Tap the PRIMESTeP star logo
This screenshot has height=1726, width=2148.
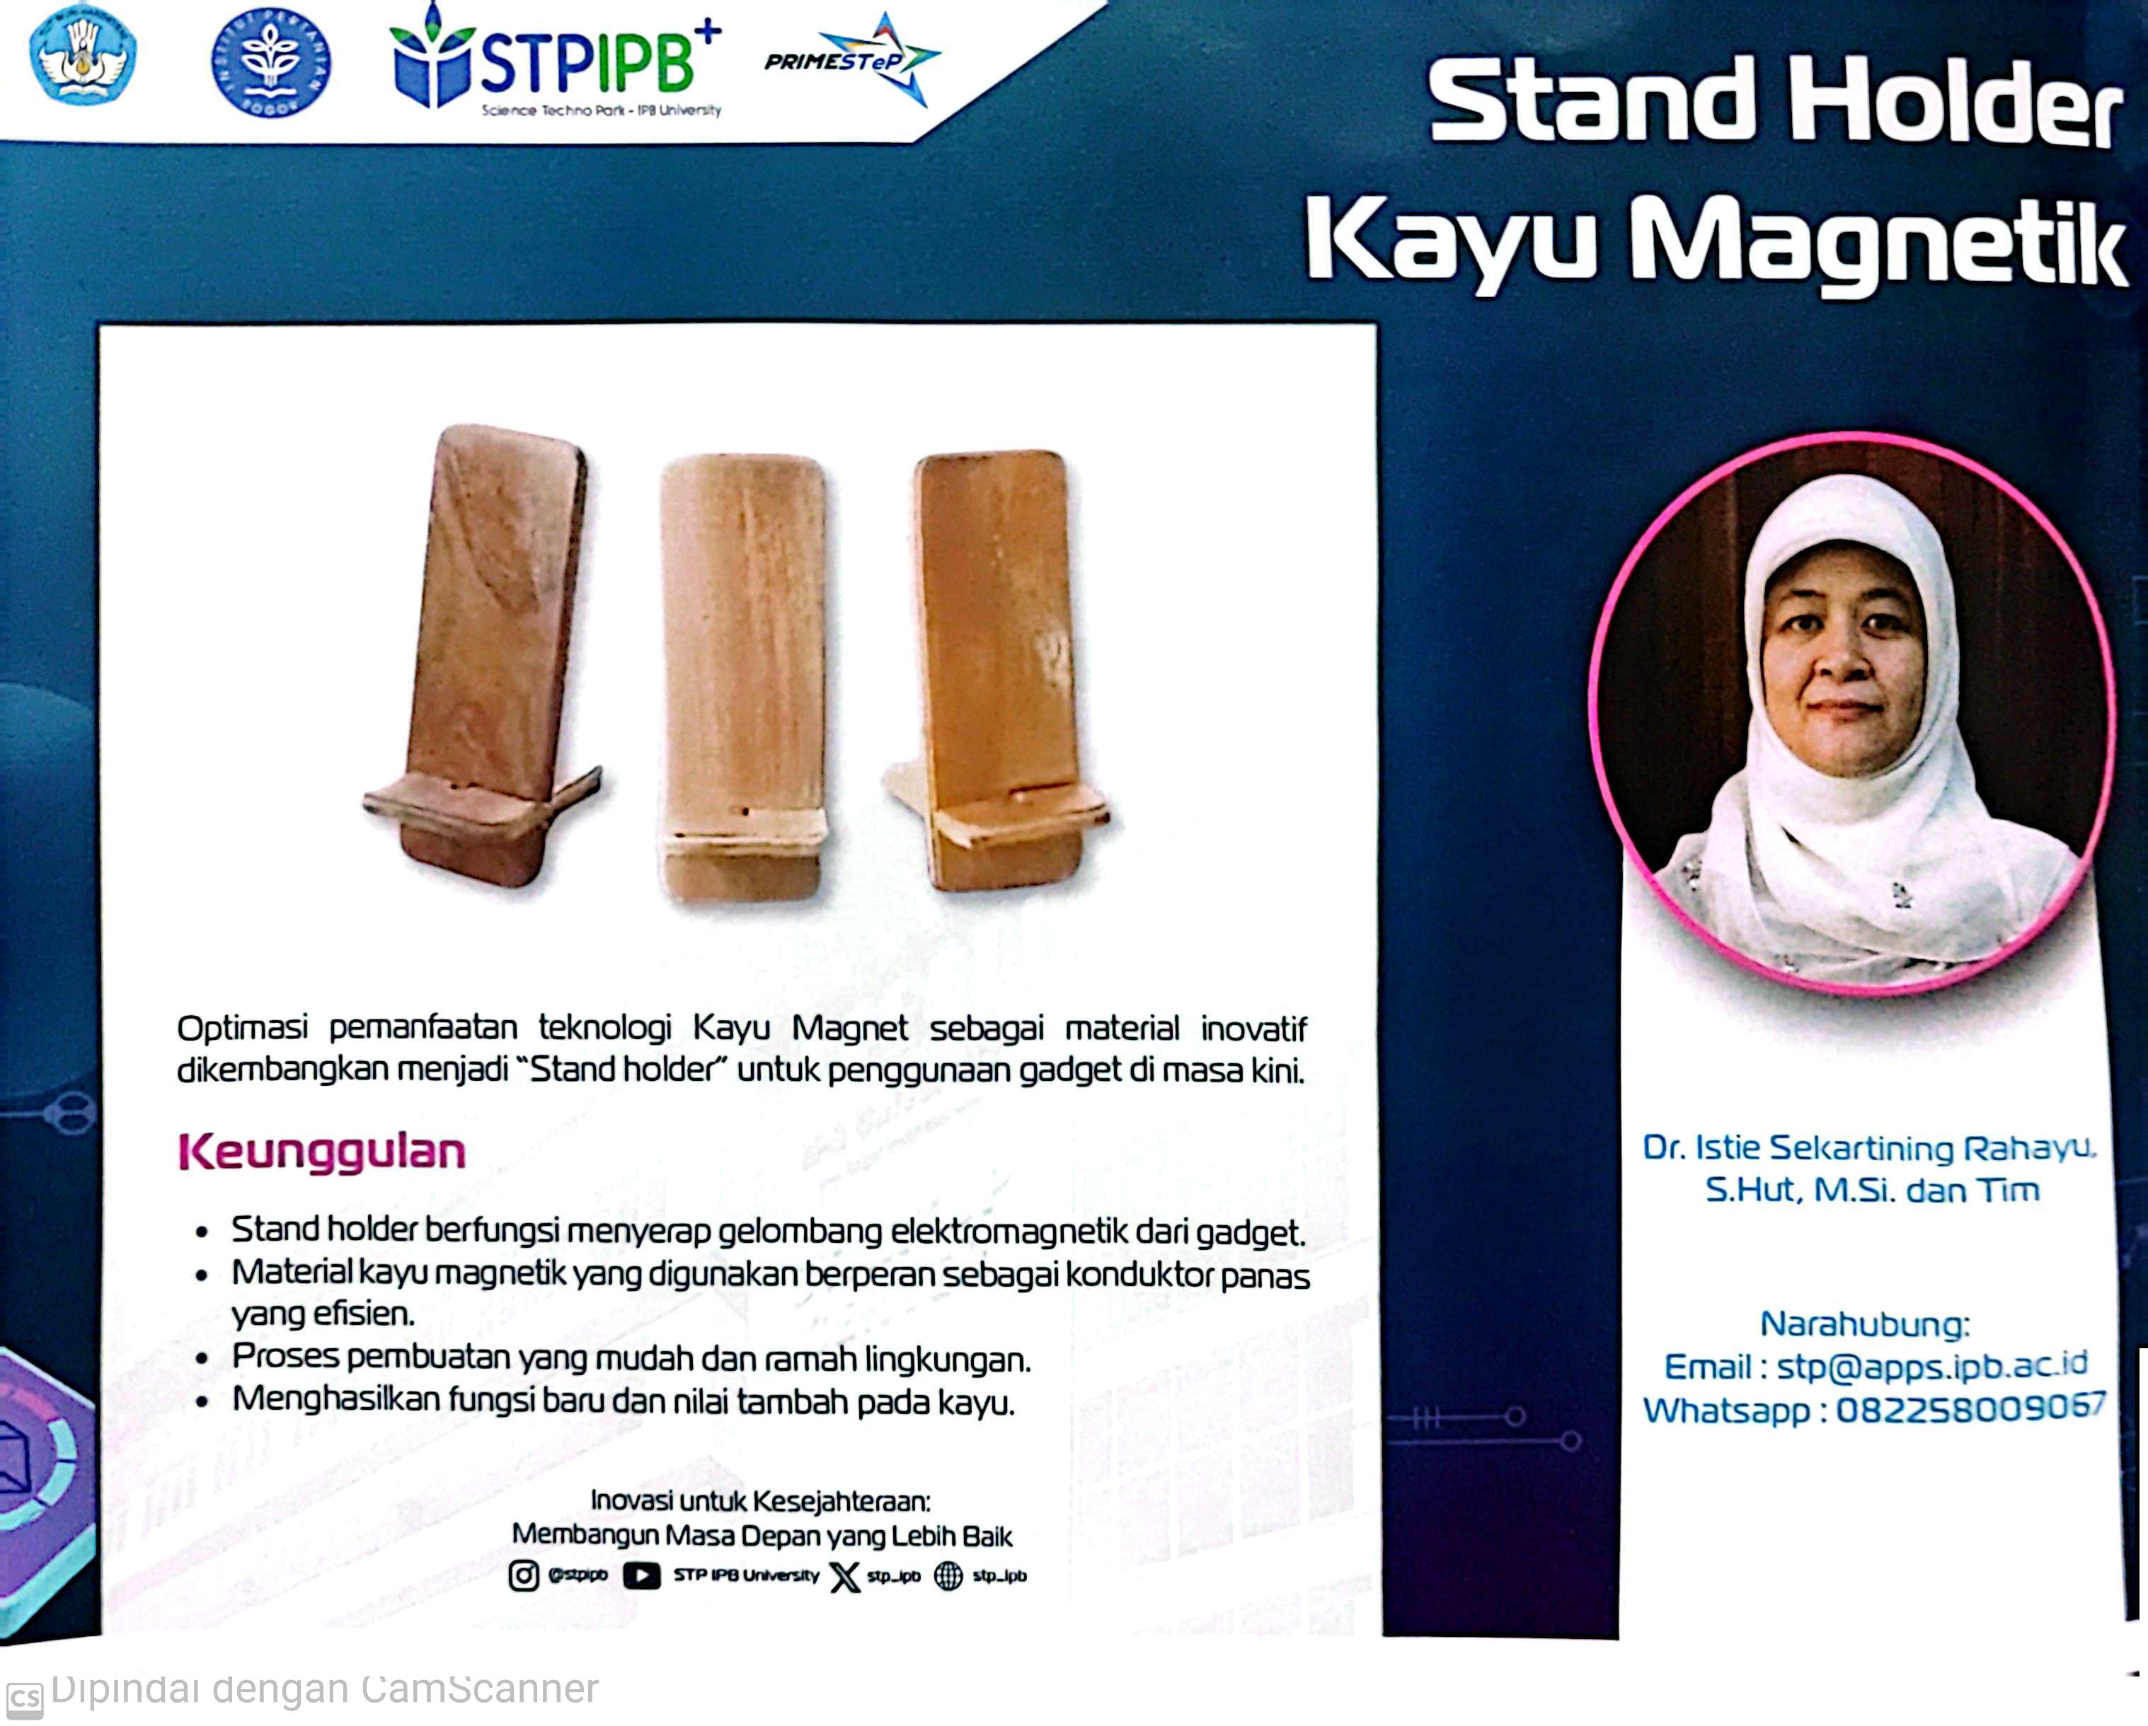(852, 59)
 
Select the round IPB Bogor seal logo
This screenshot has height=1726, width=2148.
(271, 62)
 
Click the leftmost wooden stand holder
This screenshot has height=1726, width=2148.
(483, 656)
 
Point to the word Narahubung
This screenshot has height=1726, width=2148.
(1865, 1324)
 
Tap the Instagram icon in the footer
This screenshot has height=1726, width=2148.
(524, 1575)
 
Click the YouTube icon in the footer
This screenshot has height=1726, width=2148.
(642, 1575)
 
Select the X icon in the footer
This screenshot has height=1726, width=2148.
(845, 1575)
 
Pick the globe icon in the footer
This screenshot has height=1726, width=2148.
(948, 1575)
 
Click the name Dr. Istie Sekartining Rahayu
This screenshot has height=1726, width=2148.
(1869, 1148)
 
